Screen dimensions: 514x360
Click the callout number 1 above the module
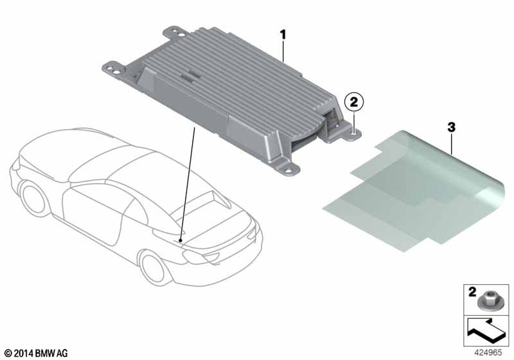(x=283, y=35)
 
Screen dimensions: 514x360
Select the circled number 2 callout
(x=354, y=102)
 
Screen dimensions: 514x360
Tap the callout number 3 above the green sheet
(x=452, y=127)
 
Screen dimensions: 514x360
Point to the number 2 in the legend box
(x=472, y=291)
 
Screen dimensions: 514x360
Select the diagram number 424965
(x=488, y=353)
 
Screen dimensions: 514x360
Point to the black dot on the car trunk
(x=181, y=240)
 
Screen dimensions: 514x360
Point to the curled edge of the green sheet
(x=491, y=197)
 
